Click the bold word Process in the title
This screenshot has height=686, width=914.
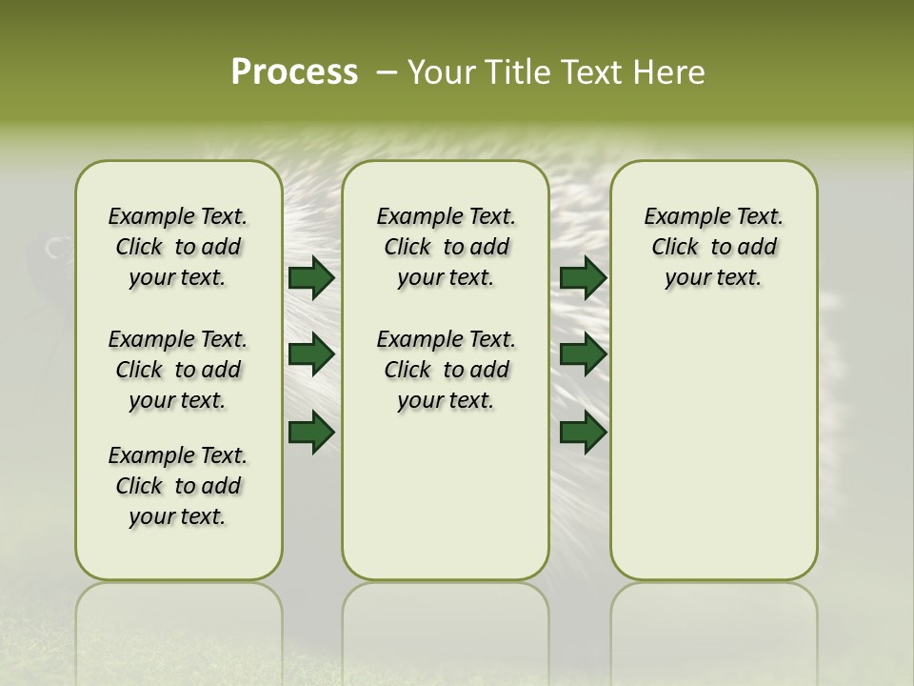(x=294, y=72)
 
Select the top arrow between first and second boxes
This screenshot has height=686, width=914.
(x=311, y=278)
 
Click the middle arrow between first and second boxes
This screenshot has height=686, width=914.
(x=311, y=354)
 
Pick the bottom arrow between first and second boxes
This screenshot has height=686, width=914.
(x=311, y=432)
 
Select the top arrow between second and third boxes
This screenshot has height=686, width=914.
(x=584, y=278)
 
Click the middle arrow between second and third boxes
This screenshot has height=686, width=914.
(x=584, y=354)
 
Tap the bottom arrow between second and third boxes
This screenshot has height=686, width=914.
(x=584, y=432)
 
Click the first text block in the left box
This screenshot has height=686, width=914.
(x=178, y=247)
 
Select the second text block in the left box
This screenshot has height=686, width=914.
(x=178, y=370)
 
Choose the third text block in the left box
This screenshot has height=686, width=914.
(x=178, y=486)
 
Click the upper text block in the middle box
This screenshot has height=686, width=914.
(x=446, y=247)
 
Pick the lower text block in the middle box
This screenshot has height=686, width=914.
(x=446, y=370)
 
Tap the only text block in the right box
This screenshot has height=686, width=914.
(x=713, y=247)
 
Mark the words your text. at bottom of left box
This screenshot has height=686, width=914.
(x=178, y=516)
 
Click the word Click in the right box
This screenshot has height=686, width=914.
(x=675, y=248)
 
